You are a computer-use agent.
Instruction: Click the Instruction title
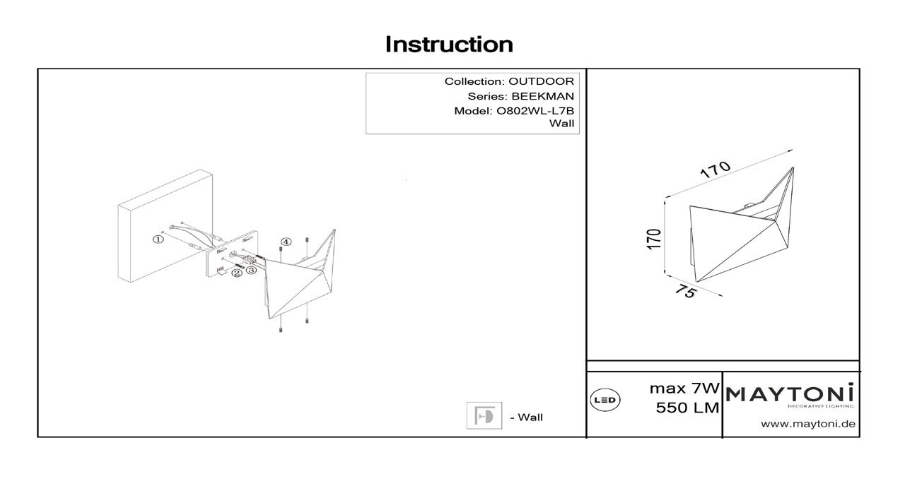pos(449,45)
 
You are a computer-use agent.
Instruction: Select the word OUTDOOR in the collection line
pos(541,81)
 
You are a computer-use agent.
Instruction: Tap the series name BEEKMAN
pos(542,97)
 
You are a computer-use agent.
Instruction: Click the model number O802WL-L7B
pos(535,111)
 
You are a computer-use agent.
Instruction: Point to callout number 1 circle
pos(158,239)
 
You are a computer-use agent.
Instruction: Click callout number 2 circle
pos(237,273)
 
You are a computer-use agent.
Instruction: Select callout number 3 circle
pos(251,270)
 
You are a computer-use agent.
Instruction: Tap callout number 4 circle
pos(286,242)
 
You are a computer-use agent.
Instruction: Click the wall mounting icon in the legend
pos(484,415)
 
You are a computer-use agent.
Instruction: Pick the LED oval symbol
pos(605,400)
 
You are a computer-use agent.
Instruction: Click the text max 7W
pos(684,389)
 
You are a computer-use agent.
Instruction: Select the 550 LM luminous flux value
pos(688,408)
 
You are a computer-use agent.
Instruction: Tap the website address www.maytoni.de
pos(808,425)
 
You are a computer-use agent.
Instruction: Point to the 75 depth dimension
pos(686,291)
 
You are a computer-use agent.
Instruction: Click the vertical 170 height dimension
pos(654,239)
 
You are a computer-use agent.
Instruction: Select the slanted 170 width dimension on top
pos(715,170)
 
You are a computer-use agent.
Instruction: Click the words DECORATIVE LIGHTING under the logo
pos(821,406)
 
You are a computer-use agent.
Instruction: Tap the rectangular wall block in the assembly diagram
pos(165,226)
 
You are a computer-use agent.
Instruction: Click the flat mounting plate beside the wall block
pos(231,254)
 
